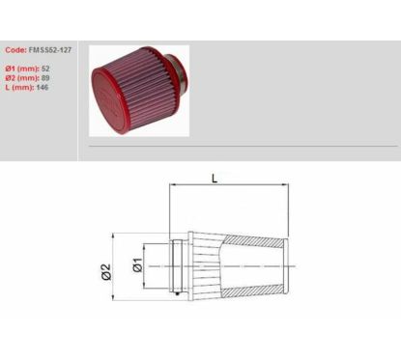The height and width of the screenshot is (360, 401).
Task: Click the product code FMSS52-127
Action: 50,50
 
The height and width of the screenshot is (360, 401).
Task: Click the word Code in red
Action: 15,50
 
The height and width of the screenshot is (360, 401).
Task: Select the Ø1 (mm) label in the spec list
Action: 22,69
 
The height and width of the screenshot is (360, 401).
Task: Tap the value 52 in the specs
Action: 45,69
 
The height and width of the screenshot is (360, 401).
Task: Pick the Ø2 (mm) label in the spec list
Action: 22,78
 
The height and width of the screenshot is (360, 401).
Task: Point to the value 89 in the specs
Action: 45,78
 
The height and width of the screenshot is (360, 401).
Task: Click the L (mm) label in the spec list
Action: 19,87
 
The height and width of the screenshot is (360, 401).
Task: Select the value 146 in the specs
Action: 43,87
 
